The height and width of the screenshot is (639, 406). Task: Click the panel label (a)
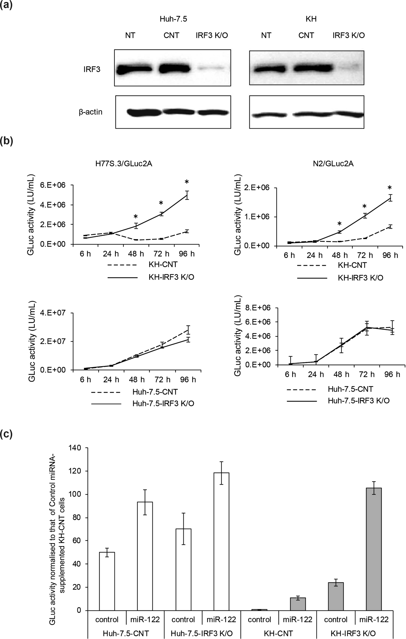pyautogui.click(x=6, y=5)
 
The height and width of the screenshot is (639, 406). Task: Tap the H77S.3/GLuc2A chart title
pyautogui.click(x=124, y=164)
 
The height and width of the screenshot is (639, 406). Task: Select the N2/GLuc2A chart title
pyautogui.click(x=333, y=163)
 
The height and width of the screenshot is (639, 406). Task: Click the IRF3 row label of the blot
pyautogui.click(x=92, y=69)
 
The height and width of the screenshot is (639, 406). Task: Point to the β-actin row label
pyautogui.click(x=91, y=112)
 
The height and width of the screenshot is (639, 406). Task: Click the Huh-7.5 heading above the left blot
pyautogui.click(x=173, y=19)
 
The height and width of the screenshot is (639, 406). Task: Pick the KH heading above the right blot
pyautogui.click(x=311, y=19)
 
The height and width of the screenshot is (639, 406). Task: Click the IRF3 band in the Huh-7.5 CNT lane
pyautogui.click(x=174, y=69)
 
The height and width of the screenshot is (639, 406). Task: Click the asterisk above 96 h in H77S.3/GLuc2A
pyautogui.click(x=187, y=182)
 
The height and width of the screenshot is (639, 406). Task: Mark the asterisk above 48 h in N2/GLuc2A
pyautogui.click(x=339, y=224)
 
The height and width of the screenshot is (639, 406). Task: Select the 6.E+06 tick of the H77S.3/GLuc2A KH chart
pyautogui.click(x=57, y=185)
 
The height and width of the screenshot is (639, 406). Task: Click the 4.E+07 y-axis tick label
pyautogui.click(x=57, y=313)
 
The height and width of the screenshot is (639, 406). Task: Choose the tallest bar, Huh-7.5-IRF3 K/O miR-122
pyautogui.click(x=221, y=541)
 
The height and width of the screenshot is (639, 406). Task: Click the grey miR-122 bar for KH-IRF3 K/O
pyautogui.click(x=374, y=549)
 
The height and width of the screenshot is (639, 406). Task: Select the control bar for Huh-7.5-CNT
pyautogui.click(x=107, y=581)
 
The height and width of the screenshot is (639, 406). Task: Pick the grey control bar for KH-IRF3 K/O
pyautogui.click(x=336, y=596)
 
